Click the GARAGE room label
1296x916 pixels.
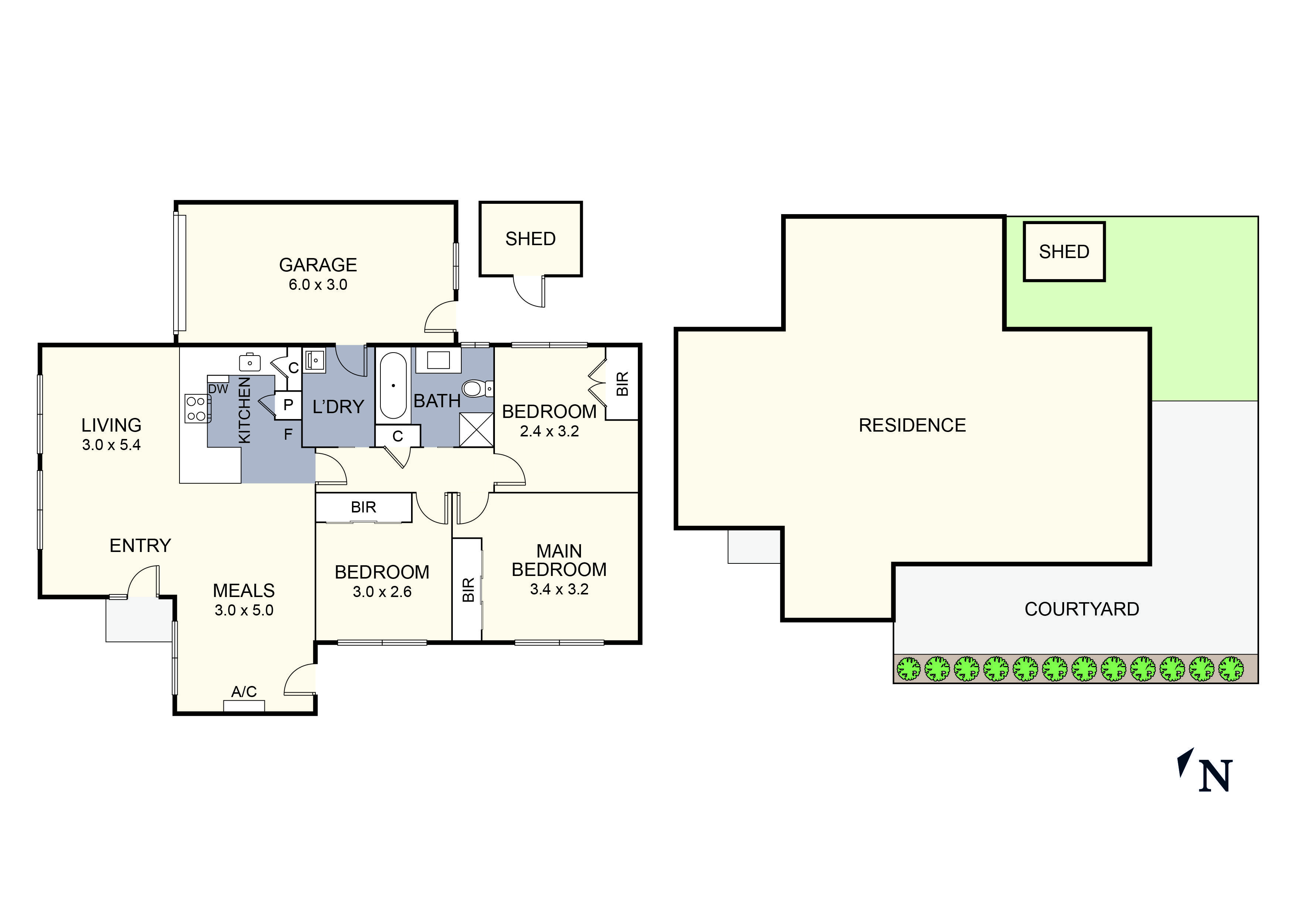pos(318,265)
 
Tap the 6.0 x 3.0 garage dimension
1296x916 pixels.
pos(318,284)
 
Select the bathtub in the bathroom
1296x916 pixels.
pos(393,385)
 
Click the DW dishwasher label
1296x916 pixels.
pos(218,389)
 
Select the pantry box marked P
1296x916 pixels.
pos(288,405)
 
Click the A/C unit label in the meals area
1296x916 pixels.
pos(244,692)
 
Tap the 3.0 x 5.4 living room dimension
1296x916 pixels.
pos(111,445)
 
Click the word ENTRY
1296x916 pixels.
pos(140,545)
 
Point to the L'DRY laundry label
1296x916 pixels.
pos(338,406)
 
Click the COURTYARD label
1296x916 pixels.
pos(1081,609)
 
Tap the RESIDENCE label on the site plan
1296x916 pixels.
pos(912,425)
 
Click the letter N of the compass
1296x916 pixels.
pos(1215,776)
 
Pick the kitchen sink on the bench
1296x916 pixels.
pos(250,362)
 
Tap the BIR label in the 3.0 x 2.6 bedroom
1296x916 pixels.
pos(363,507)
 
